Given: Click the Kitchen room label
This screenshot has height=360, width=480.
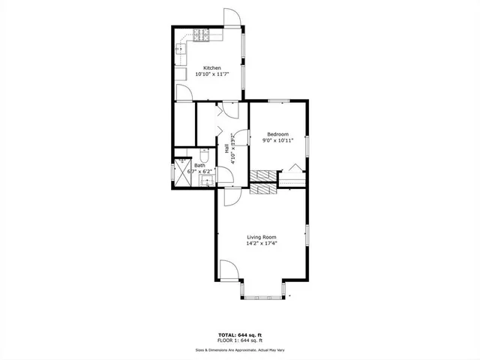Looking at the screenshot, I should (x=208, y=67).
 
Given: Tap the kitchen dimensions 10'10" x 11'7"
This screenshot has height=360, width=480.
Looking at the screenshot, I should (x=211, y=74).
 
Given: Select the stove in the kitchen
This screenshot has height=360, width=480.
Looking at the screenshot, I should (x=199, y=34).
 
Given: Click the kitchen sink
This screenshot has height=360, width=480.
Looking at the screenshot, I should (x=181, y=49).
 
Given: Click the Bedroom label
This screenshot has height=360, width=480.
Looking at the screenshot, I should (x=277, y=134).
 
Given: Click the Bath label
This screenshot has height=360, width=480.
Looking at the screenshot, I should (x=200, y=165).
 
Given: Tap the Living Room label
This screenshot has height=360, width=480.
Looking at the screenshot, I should (x=262, y=236).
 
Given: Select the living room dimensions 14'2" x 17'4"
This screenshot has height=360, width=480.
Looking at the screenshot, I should (x=262, y=243).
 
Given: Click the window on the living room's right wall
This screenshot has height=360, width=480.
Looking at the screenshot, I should (x=307, y=234).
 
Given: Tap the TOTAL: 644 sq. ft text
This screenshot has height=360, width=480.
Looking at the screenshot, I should (x=240, y=334).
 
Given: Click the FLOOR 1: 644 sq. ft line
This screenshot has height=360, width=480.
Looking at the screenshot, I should (x=240, y=340).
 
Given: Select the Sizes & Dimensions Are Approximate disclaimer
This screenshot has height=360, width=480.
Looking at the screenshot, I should (x=240, y=349).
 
